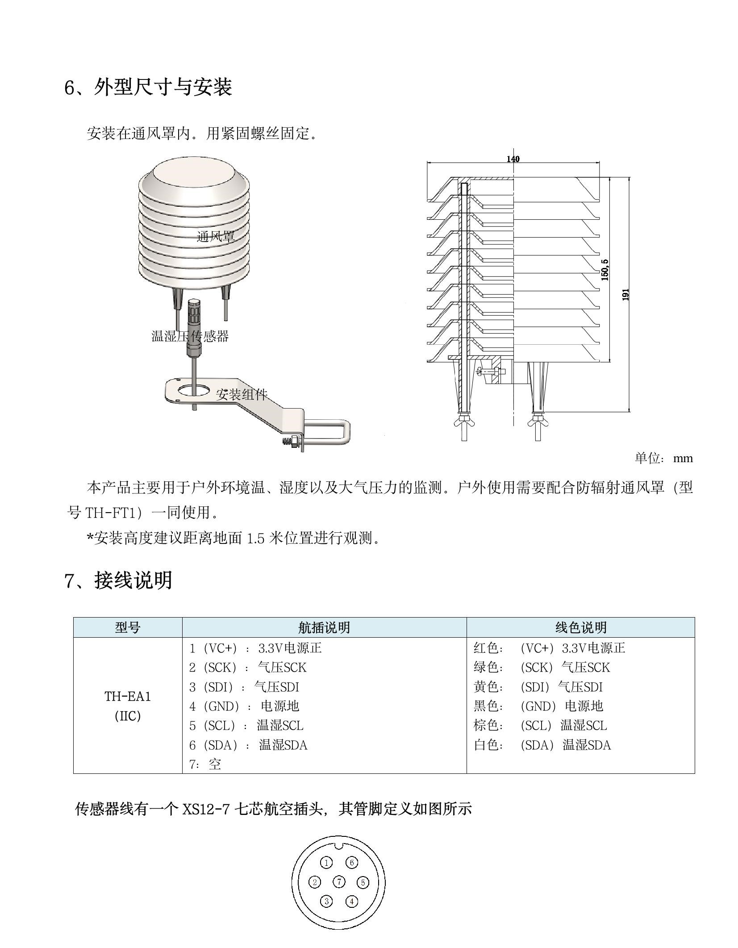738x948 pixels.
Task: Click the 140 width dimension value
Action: tap(513, 159)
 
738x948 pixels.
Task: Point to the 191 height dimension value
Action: tap(625, 294)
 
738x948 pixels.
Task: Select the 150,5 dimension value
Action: tap(605, 269)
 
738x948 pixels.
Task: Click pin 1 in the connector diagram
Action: tap(327, 863)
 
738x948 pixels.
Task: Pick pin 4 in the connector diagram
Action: tap(352, 901)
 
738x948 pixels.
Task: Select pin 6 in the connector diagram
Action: tap(352, 862)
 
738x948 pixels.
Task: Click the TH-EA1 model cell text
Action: tap(128, 697)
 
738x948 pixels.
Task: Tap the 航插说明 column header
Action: tap(324, 627)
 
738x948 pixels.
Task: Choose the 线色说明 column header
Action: tap(580, 627)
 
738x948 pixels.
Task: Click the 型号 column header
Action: tap(128, 627)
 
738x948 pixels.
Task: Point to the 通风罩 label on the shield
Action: tap(216, 236)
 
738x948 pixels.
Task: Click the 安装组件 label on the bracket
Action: tap(242, 394)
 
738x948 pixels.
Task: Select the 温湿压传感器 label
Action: tap(190, 336)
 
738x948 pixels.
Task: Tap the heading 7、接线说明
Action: tap(119, 580)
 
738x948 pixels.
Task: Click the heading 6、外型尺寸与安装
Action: tap(149, 87)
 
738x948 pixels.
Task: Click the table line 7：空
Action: tap(205, 764)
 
